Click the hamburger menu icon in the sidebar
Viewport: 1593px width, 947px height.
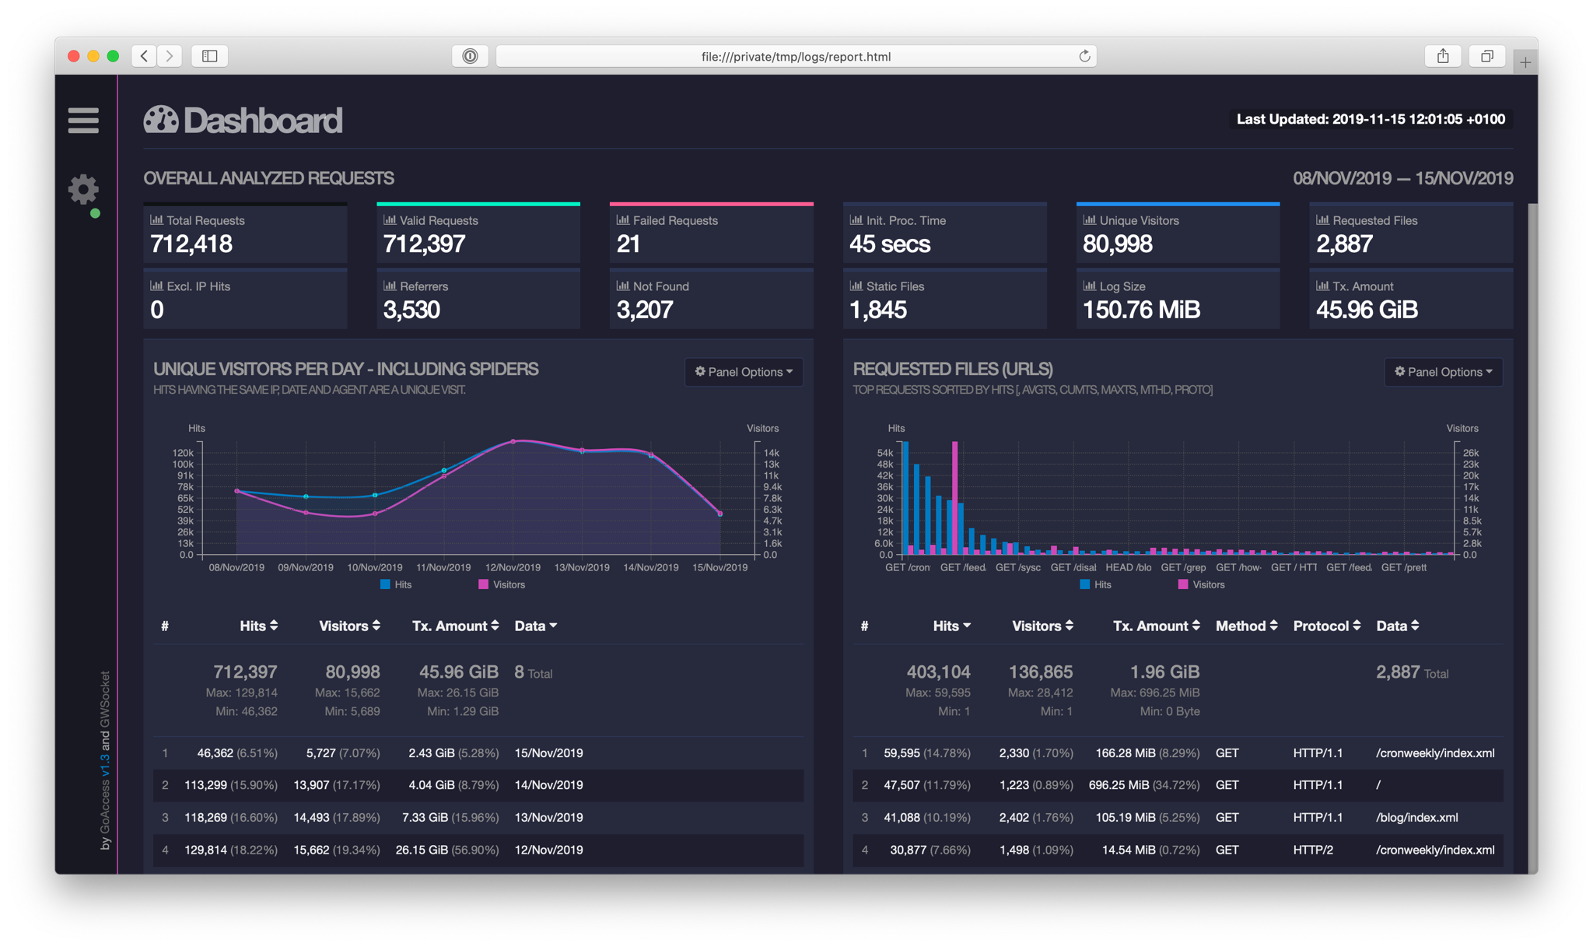[83, 121]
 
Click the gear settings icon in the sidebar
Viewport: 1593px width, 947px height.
[83, 189]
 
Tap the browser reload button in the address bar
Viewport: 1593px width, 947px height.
[1084, 56]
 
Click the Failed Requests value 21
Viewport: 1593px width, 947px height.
[628, 244]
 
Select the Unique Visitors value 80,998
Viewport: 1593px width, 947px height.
[1117, 244]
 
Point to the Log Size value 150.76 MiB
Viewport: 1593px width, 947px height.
[1141, 310]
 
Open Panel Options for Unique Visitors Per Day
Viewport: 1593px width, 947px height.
[744, 372]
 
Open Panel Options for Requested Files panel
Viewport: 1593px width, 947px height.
[1443, 372]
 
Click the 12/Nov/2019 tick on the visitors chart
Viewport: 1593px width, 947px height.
[513, 567]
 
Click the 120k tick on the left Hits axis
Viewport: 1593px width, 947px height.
[183, 453]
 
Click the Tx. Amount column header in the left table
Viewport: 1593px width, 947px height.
[455, 626]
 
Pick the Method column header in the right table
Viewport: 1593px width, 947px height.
[1246, 626]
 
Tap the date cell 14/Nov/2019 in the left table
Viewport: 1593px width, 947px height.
[548, 785]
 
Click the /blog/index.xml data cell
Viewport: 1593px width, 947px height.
[1416, 818]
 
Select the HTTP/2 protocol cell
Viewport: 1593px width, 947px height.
[1313, 851]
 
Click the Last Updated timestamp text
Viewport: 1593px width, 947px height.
[1371, 119]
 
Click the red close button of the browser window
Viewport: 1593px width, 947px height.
[74, 56]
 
